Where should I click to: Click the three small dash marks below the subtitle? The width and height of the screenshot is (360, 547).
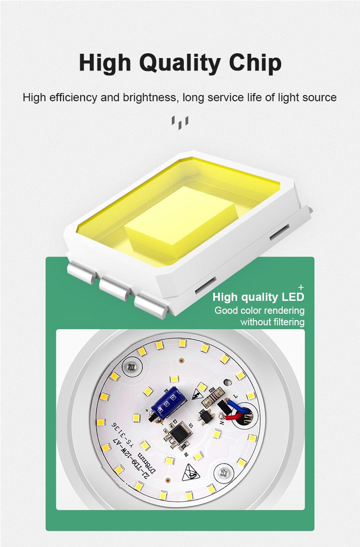tap(180, 122)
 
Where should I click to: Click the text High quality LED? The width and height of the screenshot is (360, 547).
tap(258, 297)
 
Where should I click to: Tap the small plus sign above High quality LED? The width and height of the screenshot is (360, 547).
tap(301, 286)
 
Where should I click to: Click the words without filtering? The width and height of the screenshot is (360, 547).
tap(272, 322)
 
